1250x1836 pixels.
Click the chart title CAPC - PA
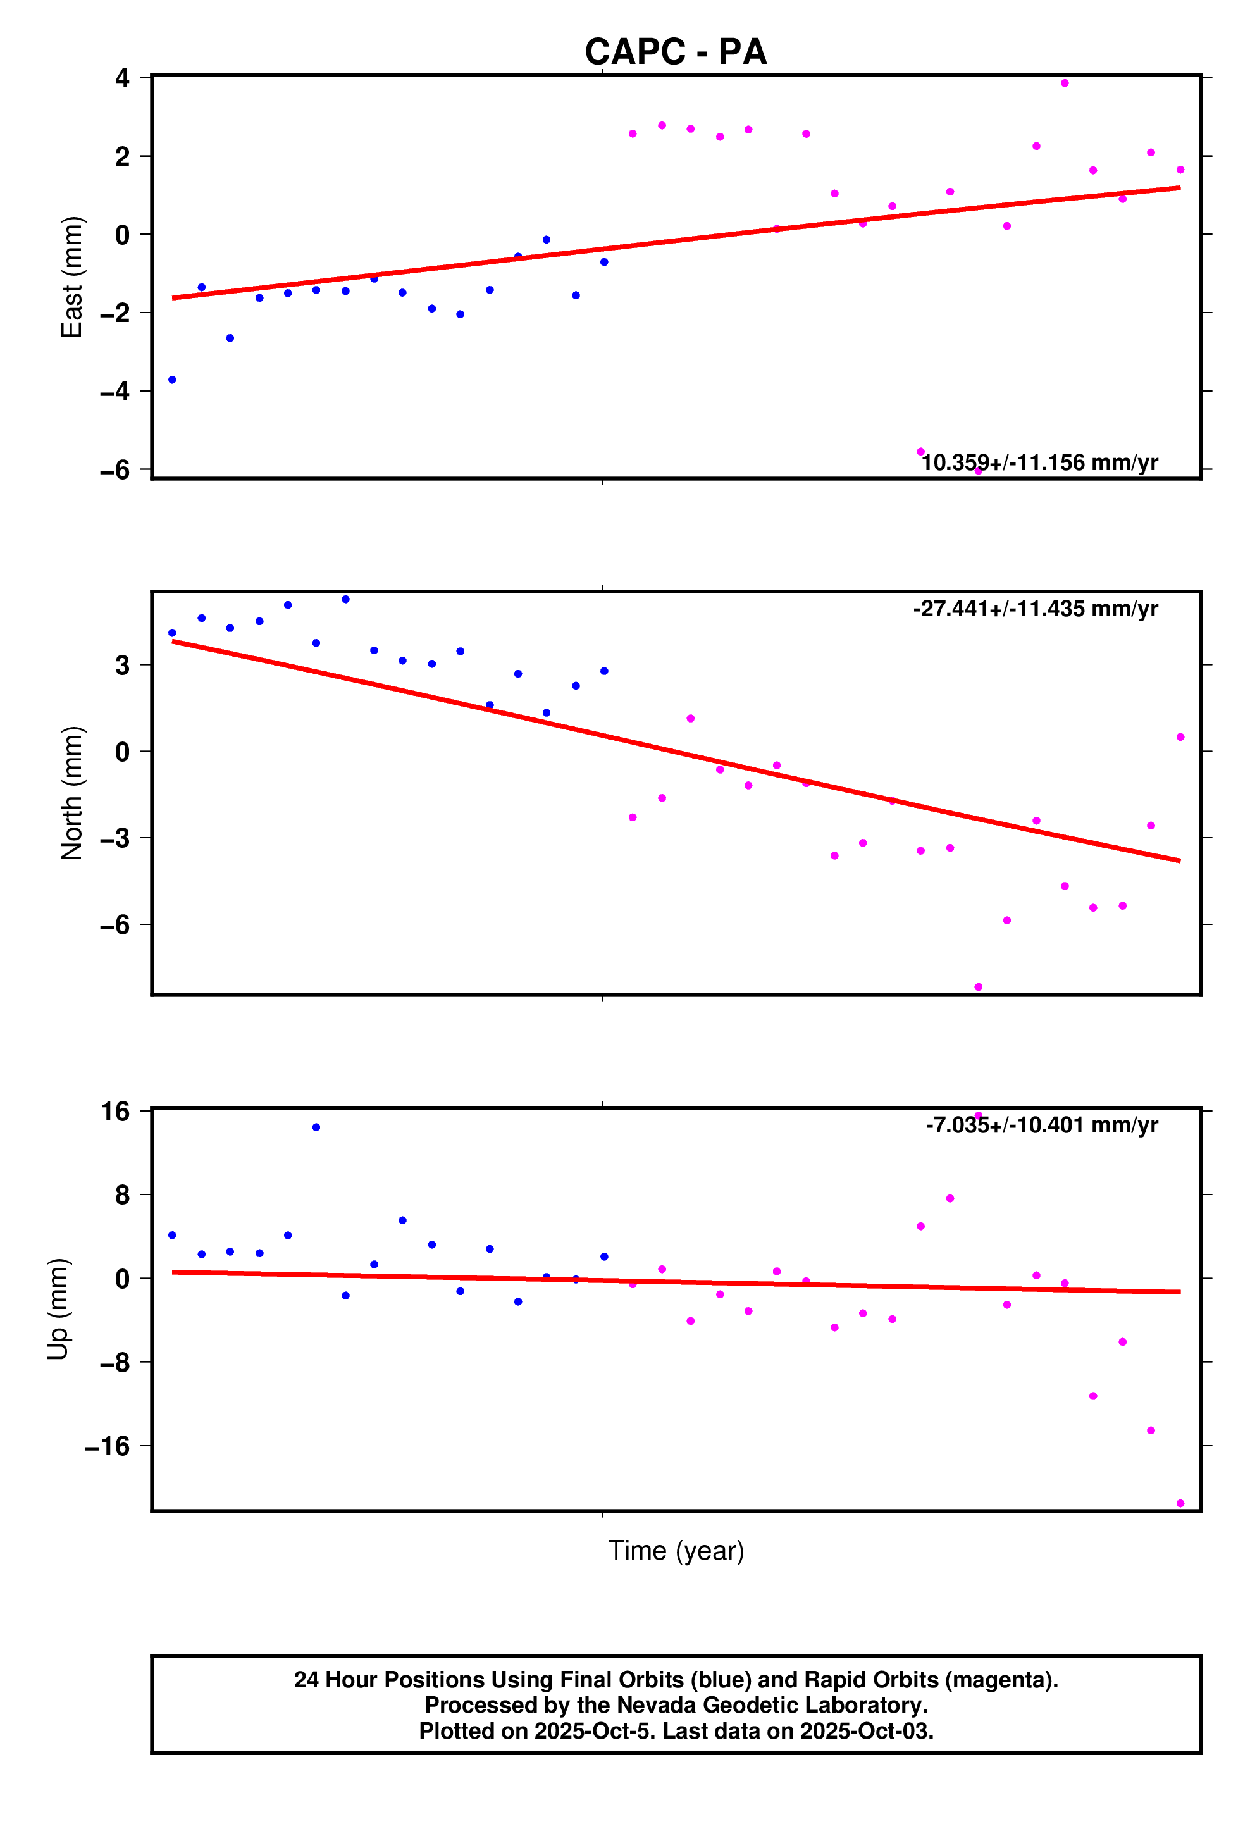(676, 52)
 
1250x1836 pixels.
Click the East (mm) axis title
(72, 276)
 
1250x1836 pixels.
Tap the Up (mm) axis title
(58, 1309)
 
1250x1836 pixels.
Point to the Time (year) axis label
(676, 1551)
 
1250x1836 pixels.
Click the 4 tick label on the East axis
(123, 78)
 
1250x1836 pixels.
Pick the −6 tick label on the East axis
(115, 470)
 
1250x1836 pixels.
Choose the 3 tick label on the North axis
(123, 665)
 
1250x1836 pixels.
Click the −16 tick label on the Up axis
(108, 1446)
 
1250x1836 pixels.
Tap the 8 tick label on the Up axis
(123, 1194)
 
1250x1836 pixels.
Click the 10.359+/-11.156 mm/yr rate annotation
(1040, 463)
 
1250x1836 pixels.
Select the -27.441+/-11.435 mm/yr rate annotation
(1035, 609)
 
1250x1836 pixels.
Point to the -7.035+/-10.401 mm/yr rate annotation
(1041, 1125)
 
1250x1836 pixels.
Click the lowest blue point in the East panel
(172, 380)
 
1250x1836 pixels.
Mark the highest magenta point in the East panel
(1064, 83)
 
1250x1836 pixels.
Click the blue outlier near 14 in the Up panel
(316, 1127)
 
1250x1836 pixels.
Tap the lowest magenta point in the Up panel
(1180, 1503)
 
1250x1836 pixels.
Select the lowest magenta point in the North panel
(978, 988)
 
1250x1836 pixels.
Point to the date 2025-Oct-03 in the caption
(866, 1731)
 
